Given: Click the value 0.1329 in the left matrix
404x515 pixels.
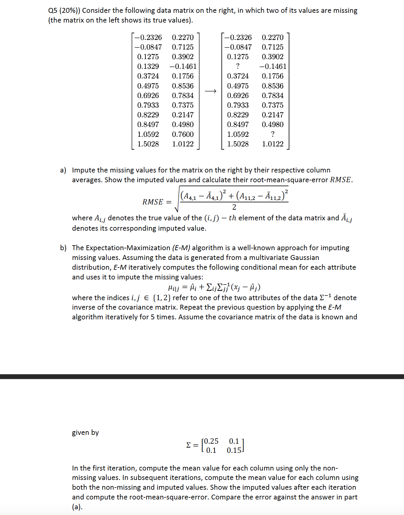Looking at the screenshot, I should pos(148,66).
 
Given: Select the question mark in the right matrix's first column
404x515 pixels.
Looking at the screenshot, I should pos(238,66).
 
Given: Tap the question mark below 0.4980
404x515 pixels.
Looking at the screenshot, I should pos(273,134).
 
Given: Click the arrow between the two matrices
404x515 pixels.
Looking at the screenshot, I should pos(211,91).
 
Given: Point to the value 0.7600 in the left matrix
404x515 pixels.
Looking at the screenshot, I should pos(183,134).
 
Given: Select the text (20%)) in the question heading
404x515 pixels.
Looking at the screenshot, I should pos(69,11).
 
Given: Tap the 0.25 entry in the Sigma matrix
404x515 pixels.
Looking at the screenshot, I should pos(211,441).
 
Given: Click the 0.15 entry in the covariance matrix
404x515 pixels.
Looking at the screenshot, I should pos(234,450).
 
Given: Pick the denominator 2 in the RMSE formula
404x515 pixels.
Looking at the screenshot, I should pos(234,207).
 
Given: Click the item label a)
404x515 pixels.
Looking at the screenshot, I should pos(63,170).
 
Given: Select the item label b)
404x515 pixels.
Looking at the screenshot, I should pos(63,248).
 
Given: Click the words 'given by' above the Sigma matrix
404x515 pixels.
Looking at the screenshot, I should pos(85,432).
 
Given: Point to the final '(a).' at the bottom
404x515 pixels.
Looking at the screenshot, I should pos(77,507).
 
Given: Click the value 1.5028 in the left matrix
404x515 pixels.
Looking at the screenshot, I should pos(148,144).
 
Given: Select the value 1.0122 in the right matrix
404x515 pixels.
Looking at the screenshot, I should pos(273,144).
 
